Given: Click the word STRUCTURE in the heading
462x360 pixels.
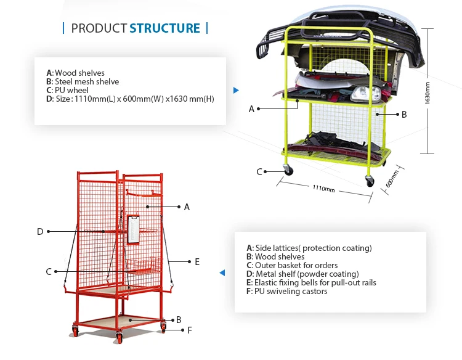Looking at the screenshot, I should tap(164, 28).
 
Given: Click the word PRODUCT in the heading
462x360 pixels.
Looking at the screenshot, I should tap(99, 28).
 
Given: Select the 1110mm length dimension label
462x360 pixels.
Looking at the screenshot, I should tap(323, 189).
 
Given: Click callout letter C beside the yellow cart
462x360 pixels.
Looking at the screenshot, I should tap(259, 172).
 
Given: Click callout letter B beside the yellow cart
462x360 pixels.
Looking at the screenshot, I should tap(404, 114).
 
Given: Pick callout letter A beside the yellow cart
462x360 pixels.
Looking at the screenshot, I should tap(251, 109).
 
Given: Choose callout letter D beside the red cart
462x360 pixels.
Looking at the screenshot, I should tap(40, 232).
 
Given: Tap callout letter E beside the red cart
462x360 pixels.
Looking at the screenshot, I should tap(197, 262).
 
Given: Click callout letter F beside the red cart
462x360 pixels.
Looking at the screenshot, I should tap(190, 330).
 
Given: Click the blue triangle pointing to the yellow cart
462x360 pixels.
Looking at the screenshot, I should tap(236, 91).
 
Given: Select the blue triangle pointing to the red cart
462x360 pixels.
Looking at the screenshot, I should tap(222, 272).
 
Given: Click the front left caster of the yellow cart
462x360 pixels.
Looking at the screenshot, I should tap(288, 170).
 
